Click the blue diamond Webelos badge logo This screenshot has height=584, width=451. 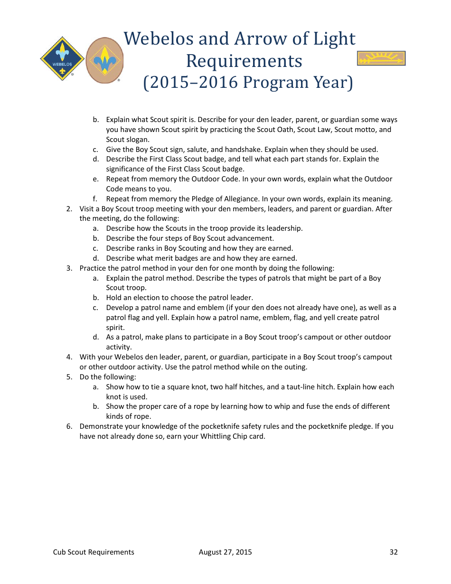[62, 59]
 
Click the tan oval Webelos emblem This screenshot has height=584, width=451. [104, 60]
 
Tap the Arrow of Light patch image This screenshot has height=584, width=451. [381, 58]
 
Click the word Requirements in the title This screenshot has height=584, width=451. [244, 61]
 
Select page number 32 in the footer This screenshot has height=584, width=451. [394, 552]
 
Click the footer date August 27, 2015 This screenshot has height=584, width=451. [225, 552]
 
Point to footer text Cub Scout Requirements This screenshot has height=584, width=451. [94, 552]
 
